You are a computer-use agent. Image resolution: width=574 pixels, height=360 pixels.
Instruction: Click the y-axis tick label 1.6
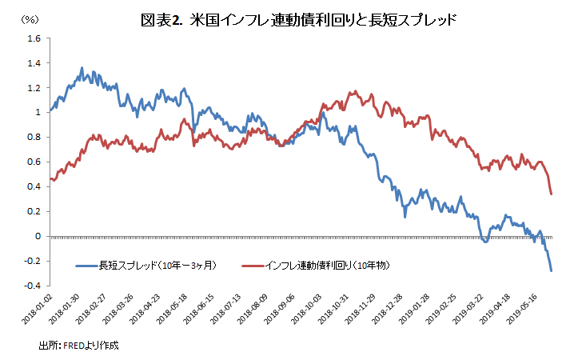[34, 38]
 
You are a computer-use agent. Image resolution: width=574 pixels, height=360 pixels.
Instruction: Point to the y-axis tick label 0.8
[34, 138]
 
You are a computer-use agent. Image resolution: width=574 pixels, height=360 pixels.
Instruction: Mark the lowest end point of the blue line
[551, 271]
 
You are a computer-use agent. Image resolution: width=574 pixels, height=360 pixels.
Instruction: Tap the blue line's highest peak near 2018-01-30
[83, 68]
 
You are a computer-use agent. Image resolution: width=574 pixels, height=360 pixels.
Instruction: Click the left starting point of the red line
[50, 178]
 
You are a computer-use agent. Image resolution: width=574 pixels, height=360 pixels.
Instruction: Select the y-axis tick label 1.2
[34, 88]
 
